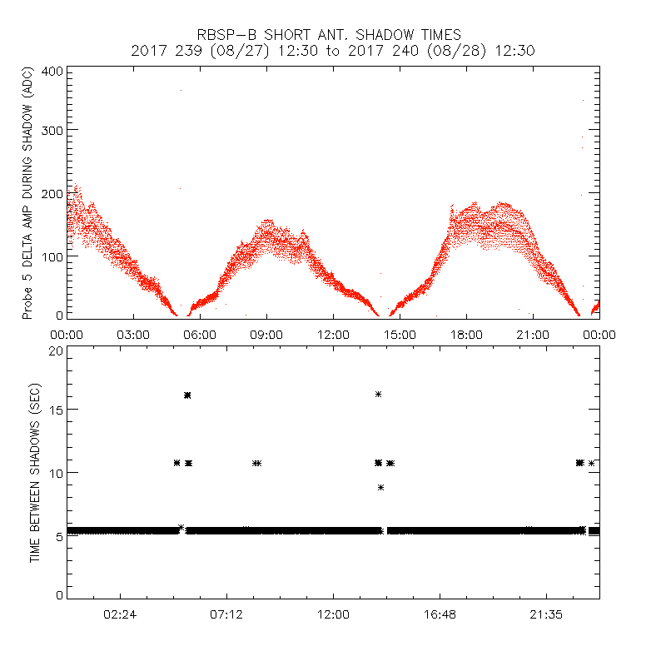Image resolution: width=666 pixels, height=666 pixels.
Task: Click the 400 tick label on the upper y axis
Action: (x=52, y=71)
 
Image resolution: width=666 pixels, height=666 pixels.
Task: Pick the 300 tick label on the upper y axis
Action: (x=52, y=130)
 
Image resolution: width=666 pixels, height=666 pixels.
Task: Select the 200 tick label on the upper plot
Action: (x=52, y=193)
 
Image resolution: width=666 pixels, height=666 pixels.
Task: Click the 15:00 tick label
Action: (x=400, y=335)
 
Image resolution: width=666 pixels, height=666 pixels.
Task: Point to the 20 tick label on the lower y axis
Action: (x=56, y=350)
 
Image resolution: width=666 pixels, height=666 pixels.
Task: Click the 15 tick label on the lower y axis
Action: (x=56, y=410)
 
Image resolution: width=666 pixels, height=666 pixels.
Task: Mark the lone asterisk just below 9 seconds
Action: (x=381, y=487)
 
